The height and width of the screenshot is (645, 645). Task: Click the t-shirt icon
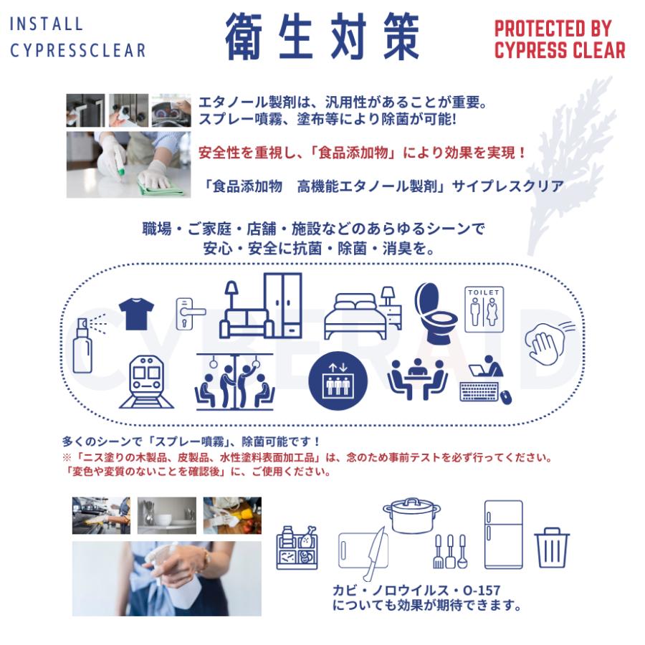tap(136, 314)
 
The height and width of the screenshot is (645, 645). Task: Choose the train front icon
tap(146, 382)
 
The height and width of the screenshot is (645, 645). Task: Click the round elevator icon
tap(337, 381)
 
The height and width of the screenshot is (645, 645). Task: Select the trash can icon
tap(552, 548)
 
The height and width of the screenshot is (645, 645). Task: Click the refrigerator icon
tap(504, 535)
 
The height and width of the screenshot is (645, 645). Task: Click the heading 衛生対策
tap(322, 36)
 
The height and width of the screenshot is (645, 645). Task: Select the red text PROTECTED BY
tap(553, 29)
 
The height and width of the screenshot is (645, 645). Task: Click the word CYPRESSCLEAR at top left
tap(77, 50)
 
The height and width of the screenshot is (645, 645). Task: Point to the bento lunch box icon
tap(297, 548)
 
